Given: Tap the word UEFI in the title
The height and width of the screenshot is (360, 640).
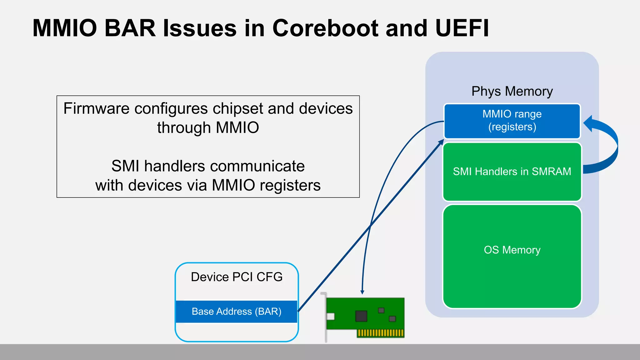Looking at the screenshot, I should point(462,28).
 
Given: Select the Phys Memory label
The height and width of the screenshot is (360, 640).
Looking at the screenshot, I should point(512,91).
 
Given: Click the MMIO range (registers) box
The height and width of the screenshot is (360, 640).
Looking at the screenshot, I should point(512,121).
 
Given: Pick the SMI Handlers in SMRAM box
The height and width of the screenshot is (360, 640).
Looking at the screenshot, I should point(512,172).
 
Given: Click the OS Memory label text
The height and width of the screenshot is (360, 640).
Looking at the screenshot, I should point(512,250).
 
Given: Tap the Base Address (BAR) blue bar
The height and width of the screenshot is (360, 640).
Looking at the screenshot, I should point(237,312).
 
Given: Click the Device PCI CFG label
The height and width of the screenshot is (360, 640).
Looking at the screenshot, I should point(237,277).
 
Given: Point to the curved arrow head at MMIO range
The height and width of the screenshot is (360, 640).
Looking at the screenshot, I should point(588,123).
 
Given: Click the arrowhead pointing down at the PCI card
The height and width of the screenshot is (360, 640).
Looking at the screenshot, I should point(362,292).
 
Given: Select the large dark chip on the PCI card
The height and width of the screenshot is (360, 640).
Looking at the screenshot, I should point(361,316).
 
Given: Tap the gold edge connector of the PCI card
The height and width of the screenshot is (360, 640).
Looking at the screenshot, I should point(380,333).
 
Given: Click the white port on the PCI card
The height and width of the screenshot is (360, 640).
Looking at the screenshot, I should point(330,317).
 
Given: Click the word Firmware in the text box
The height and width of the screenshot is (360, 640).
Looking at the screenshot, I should point(96,109).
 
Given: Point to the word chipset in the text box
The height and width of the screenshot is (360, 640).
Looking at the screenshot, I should point(238,109).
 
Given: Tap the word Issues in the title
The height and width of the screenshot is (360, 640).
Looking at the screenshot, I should point(200,28).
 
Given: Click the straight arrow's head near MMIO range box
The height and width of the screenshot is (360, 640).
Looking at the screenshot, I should point(441,142).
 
